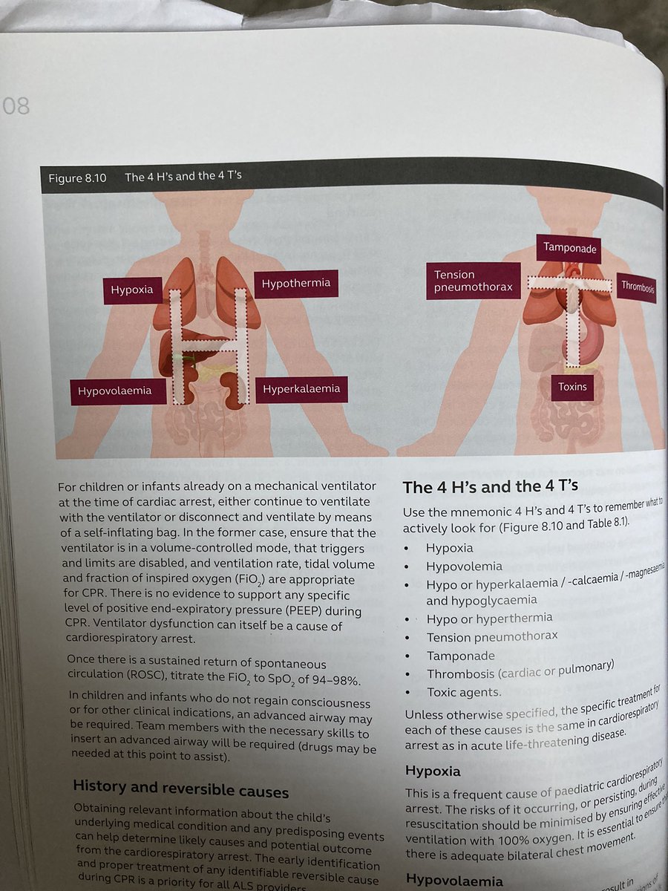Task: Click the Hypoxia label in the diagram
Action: click(132, 290)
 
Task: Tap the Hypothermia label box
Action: click(295, 284)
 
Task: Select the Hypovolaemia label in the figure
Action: click(117, 391)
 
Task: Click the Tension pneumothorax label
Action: click(473, 281)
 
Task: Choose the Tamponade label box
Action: click(569, 248)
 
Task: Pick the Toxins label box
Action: click(572, 387)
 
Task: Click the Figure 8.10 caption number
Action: click(79, 178)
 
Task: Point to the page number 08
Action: click(16, 105)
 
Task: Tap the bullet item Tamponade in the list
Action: click(460, 656)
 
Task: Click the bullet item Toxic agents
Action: click(464, 691)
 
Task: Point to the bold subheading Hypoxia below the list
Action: click(433, 751)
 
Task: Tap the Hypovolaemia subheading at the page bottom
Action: click(455, 881)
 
